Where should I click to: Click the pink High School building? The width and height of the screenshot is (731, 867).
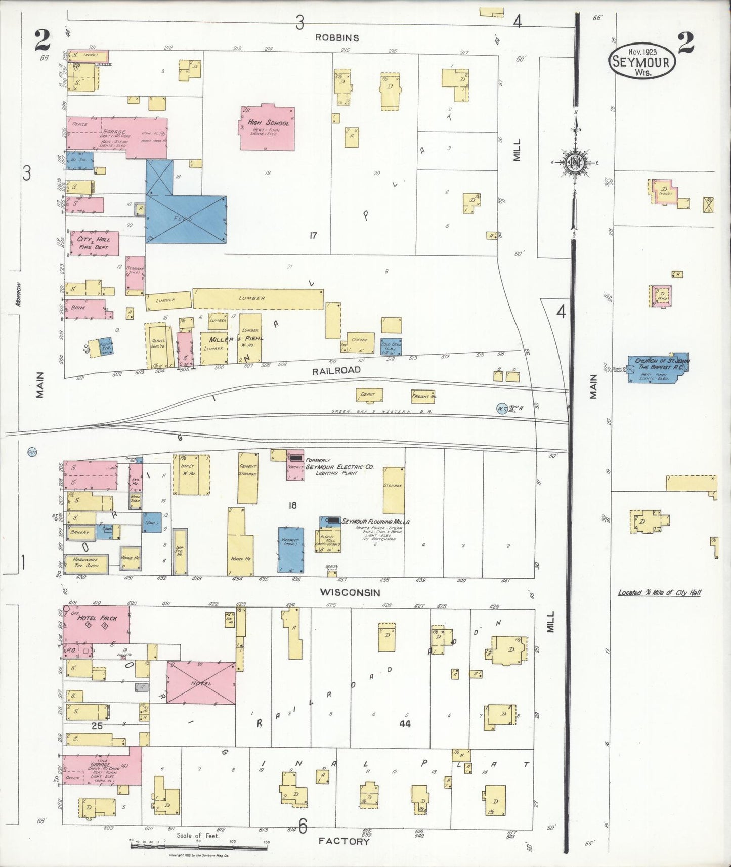267,128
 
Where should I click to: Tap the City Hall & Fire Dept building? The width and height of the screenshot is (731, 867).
94,243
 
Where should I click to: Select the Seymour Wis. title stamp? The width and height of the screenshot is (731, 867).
642,61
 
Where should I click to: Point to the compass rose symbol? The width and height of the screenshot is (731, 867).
576,163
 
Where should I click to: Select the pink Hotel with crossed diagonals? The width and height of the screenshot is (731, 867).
201,682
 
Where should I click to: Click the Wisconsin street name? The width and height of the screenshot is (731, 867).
350,592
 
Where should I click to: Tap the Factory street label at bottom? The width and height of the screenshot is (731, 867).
343,841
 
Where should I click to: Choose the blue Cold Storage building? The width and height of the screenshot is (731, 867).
391,346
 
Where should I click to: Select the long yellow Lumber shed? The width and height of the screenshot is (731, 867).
257,299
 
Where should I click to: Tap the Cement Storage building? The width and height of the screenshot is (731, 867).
248,478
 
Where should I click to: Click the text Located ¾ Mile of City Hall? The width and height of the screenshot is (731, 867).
659,592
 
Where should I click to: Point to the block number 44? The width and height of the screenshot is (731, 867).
405,724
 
